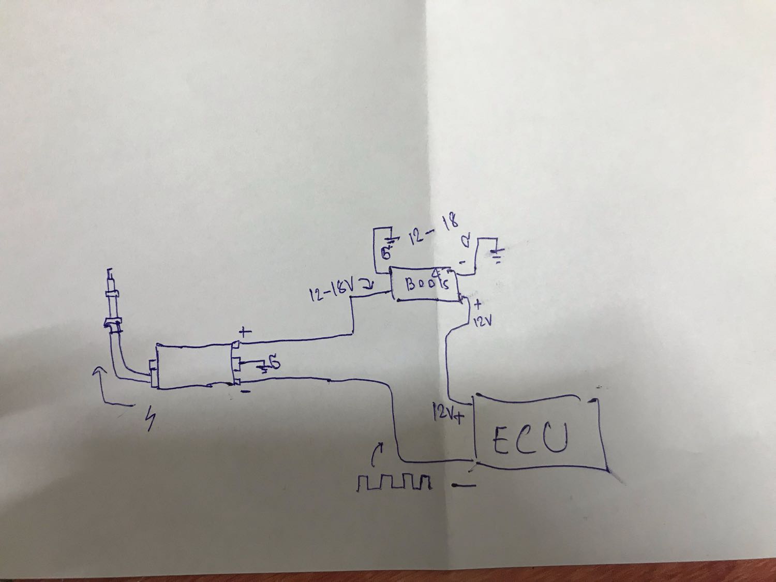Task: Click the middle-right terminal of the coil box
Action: click(x=236, y=364)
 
